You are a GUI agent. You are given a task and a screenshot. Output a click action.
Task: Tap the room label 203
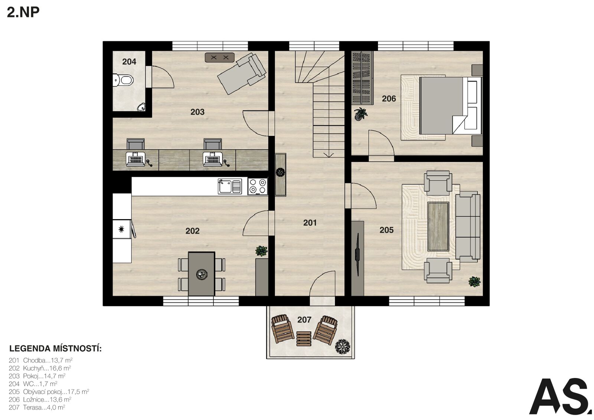pos(197,112)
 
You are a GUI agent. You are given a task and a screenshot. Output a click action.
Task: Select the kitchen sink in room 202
pos(230,186)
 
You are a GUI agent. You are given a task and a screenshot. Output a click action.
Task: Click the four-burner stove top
pos(258,186)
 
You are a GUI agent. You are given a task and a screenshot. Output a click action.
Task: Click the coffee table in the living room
pos(438,226)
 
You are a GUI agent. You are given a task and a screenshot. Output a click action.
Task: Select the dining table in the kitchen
pos(202,274)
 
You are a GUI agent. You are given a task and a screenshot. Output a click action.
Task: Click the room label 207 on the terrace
pos(304,320)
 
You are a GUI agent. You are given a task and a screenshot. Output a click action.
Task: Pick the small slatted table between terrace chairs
pos(304,339)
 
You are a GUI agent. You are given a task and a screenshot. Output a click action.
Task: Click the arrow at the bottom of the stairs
pos(329,155)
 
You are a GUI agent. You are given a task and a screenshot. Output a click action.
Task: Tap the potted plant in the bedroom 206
pos(360,114)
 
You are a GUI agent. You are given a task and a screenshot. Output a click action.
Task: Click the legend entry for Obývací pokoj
pos(49,392)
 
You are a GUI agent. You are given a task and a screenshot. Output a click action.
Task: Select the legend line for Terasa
pos(37,407)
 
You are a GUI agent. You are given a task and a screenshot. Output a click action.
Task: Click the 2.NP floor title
pos(23,12)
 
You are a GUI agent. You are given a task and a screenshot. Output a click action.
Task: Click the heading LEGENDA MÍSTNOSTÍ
pos(55,348)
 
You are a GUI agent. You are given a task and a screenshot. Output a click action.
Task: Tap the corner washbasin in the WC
pos(141,107)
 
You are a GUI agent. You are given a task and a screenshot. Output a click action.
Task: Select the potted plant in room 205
pos(474,281)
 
